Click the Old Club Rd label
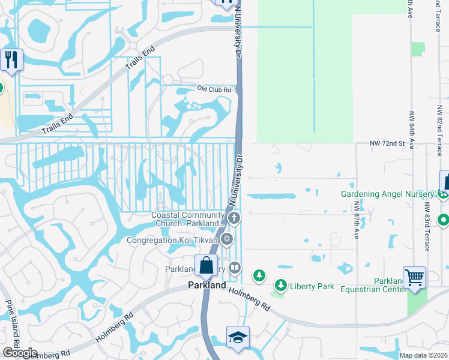point(214,89)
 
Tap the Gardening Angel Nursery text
point(387,194)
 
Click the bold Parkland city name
point(206,286)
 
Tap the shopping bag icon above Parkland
point(206,266)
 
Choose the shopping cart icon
point(414,277)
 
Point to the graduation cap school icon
point(237,337)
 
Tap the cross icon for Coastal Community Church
point(235,218)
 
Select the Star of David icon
point(227,240)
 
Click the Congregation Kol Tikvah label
point(172,240)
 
